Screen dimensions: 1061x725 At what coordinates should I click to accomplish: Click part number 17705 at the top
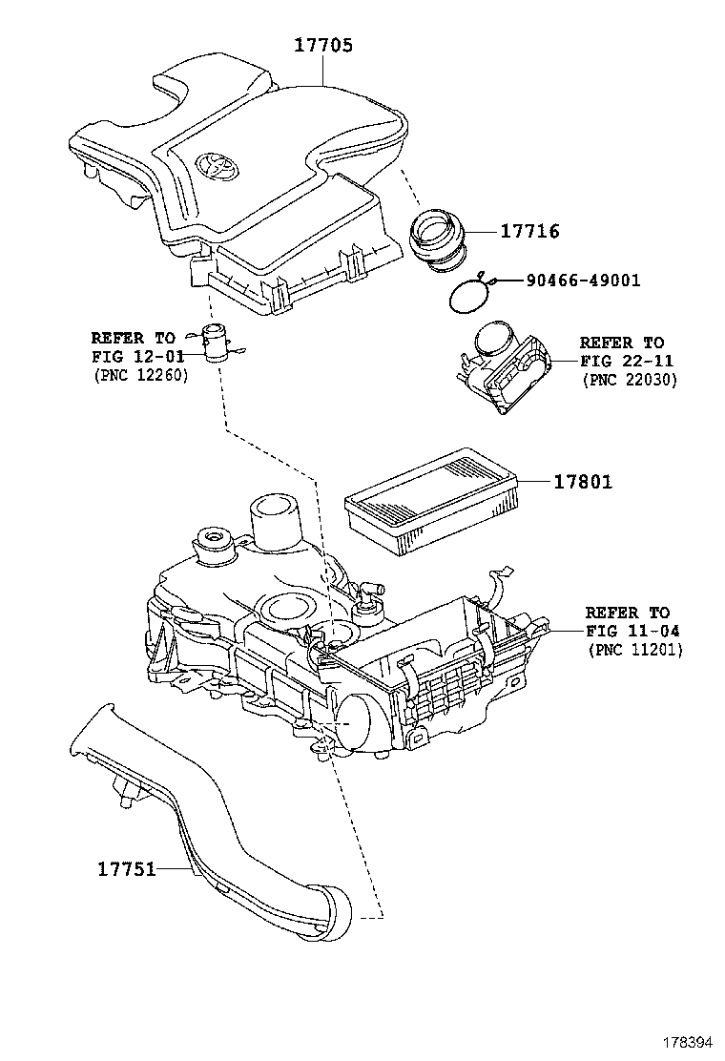[x=322, y=45]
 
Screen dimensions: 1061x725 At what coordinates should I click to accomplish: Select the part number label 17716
[x=529, y=231]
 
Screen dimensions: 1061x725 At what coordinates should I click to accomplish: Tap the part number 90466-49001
[x=581, y=281]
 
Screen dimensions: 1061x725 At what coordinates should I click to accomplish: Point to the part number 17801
[x=583, y=482]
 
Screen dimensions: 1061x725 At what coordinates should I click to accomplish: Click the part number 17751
[x=126, y=869]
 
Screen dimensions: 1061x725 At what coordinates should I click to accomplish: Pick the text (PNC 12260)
[x=140, y=375]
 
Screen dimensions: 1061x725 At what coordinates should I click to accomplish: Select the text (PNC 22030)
[x=629, y=379]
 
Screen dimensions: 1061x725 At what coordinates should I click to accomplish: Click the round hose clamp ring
[x=468, y=295]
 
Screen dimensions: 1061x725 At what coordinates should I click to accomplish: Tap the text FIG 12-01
[x=132, y=356]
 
